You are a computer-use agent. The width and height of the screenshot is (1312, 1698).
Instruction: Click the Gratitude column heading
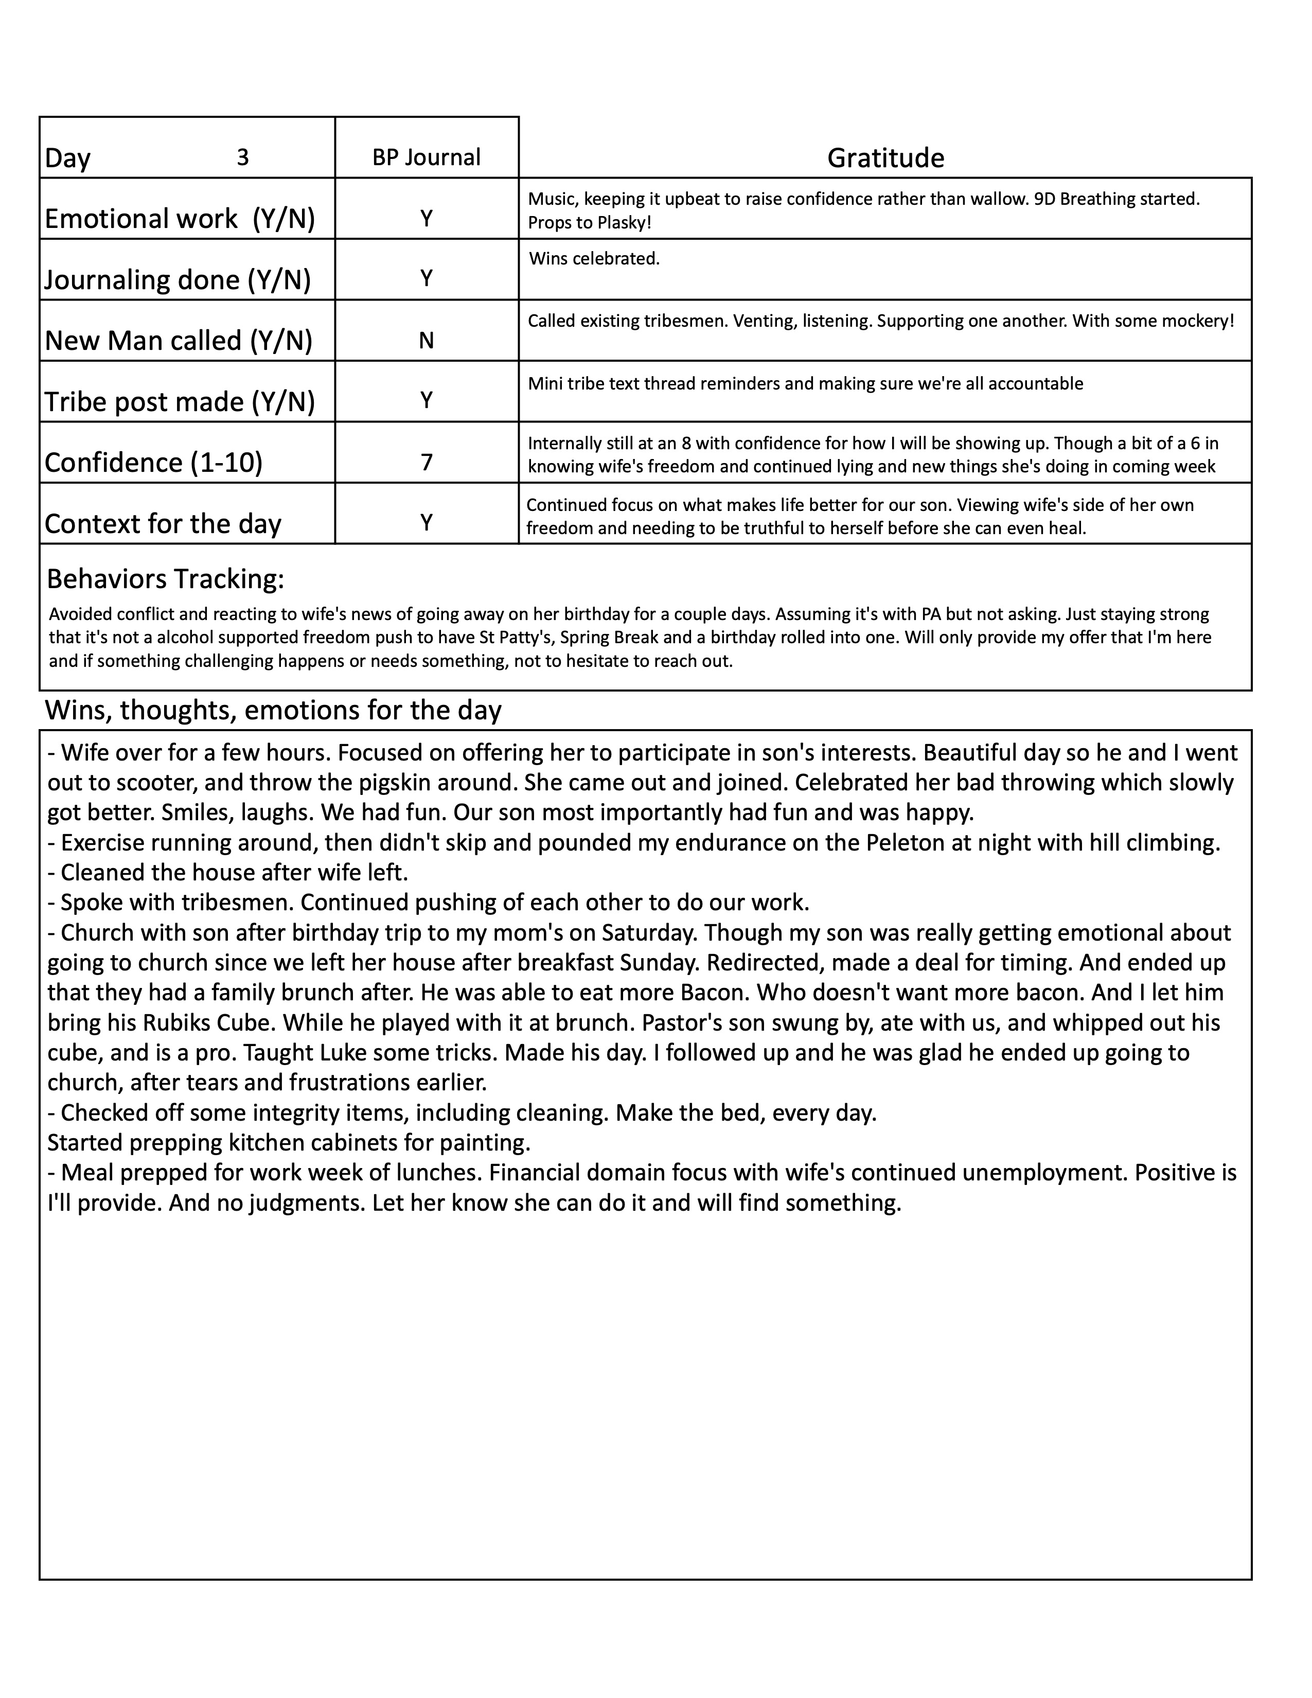[885, 158]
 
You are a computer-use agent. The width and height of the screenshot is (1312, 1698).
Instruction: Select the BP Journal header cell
[426, 158]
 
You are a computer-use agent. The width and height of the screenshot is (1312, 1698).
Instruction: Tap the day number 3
[242, 158]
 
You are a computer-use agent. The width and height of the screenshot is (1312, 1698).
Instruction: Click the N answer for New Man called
[426, 341]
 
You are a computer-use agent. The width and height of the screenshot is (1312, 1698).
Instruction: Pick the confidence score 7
[426, 463]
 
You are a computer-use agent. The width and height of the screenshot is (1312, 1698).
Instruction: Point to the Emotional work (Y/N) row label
[180, 219]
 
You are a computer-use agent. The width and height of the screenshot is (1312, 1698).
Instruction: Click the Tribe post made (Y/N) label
[180, 402]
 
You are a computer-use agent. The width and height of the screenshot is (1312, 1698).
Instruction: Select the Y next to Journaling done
[426, 278]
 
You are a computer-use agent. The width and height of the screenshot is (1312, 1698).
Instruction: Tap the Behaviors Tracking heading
[166, 579]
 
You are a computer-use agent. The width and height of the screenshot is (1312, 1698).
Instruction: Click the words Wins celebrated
[594, 259]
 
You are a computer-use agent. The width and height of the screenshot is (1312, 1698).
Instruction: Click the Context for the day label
[163, 524]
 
